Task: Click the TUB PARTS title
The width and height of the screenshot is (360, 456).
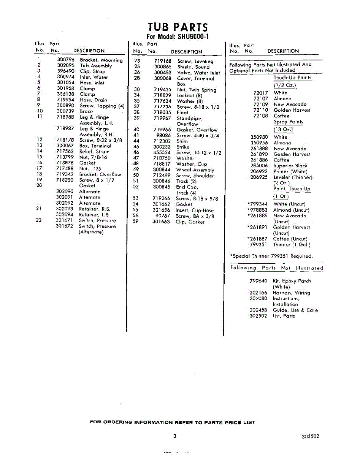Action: [x=178, y=27]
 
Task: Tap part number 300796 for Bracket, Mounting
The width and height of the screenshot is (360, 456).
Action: [x=65, y=60]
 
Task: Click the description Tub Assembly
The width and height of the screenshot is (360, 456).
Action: [x=96, y=66]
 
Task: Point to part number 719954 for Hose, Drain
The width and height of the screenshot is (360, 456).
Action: [x=65, y=100]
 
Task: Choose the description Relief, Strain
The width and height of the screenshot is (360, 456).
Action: [x=94, y=152]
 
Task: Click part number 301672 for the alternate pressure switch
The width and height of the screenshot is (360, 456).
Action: [x=65, y=226]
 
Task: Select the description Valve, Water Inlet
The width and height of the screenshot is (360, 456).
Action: [x=198, y=73]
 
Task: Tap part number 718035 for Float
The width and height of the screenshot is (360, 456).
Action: [x=162, y=113]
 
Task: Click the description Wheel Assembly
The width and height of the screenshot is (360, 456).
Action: [x=195, y=170]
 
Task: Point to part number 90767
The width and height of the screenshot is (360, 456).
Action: [x=163, y=216]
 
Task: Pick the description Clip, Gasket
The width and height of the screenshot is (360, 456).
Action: [x=190, y=222]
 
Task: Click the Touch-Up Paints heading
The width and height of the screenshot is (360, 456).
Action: [x=292, y=78]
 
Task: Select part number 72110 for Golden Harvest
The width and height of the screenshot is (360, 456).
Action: [x=260, y=110]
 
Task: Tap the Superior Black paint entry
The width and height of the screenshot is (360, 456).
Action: [x=290, y=166]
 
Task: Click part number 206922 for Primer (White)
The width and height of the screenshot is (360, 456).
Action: [x=259, y=172]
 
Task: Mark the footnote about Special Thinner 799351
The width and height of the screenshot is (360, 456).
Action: [x=271, y=256]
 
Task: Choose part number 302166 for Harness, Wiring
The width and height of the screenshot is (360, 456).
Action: [x=258, y=293]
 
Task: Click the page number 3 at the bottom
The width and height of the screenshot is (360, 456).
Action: [x=174, y=436]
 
